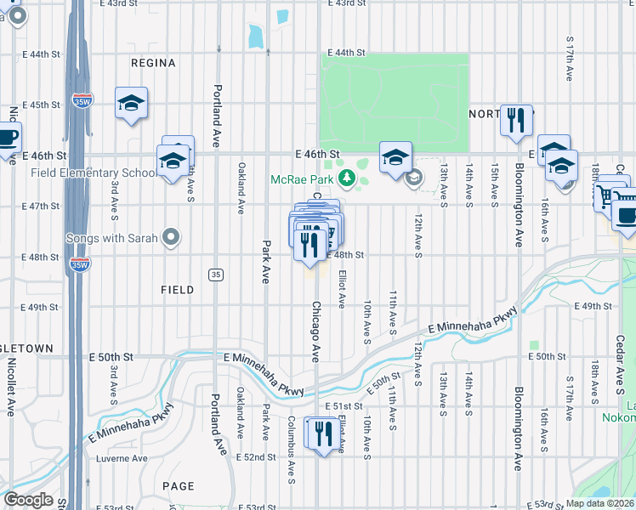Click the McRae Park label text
(302, 179)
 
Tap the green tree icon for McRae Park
(346, 178)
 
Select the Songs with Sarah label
(112, 238)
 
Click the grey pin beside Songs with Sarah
(171, 238)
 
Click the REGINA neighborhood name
(154, 63)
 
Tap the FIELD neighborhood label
(177, 290)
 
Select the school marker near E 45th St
(131, 105)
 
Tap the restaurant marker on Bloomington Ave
(515, 122)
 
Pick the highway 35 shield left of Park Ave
(217, 274)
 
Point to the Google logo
(28, 500)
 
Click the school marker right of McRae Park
(395, 157)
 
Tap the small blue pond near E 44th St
(255, 36)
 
